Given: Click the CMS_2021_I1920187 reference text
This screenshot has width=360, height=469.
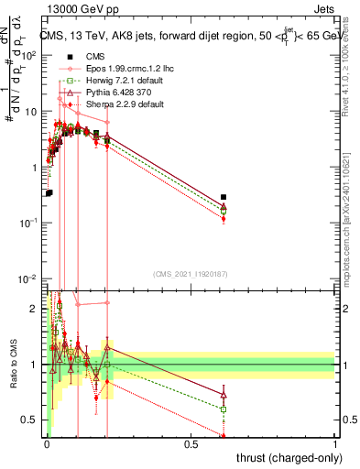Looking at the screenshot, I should (x=191, y=273).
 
